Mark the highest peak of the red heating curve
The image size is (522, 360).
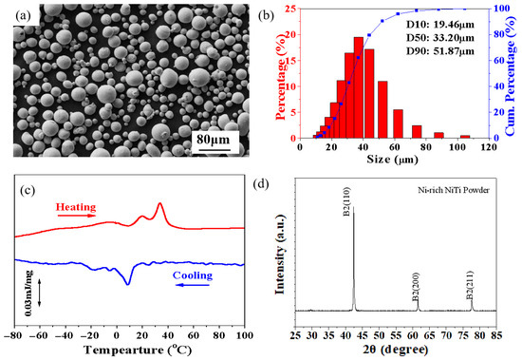pyautogui.click(x=159, y=204)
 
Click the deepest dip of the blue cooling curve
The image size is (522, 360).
pyautogui.click(x=127, y=283)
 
